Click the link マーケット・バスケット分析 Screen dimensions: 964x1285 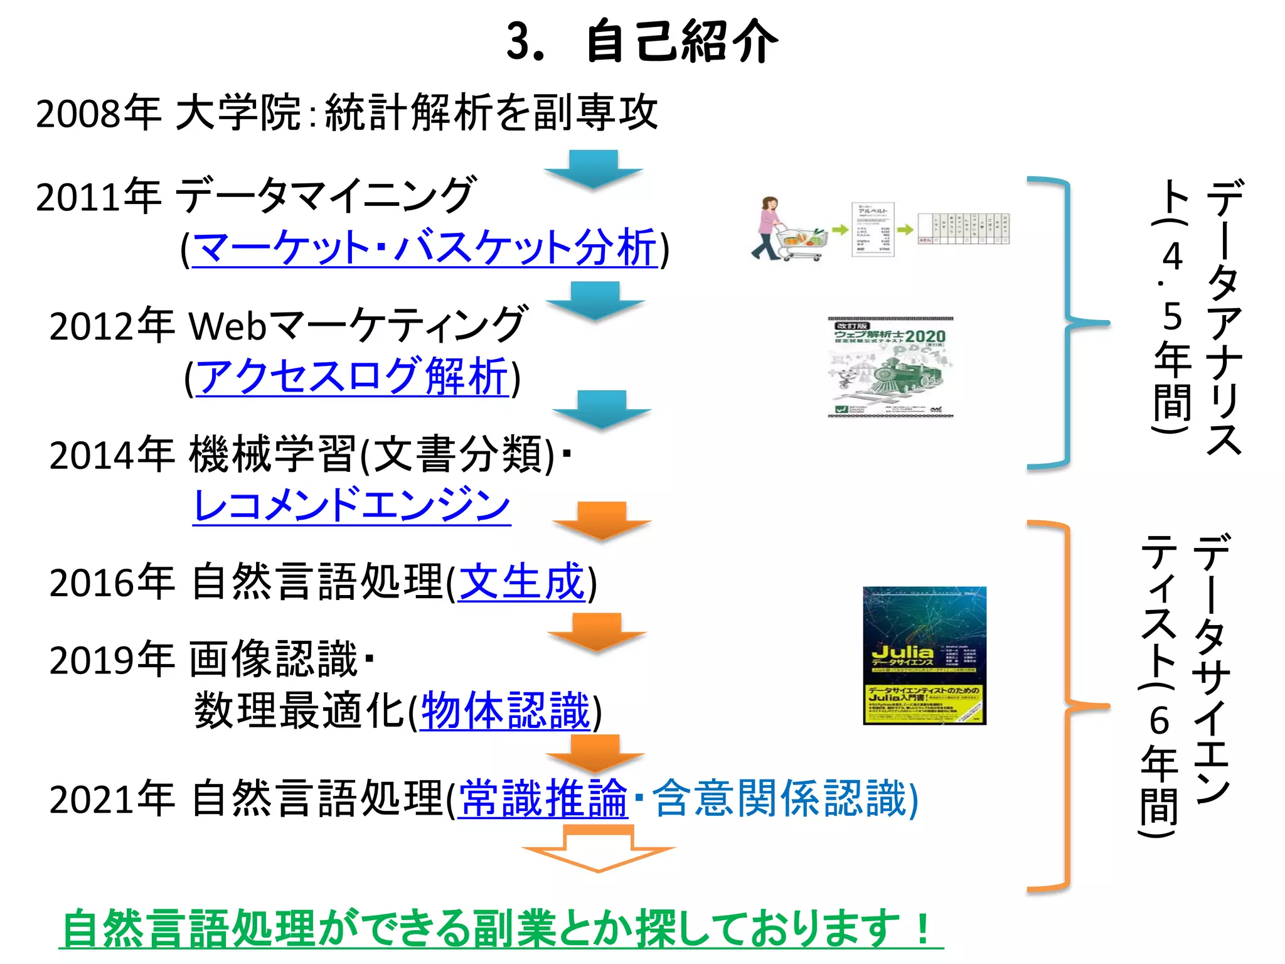424,247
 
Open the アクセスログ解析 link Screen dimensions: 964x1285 352,377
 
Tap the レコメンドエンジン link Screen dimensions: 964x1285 351,505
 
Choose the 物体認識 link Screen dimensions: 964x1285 506,711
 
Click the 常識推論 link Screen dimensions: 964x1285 543,799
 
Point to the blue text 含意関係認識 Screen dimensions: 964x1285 781,799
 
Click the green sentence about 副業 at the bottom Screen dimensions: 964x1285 501,928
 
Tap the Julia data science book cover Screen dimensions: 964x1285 924,655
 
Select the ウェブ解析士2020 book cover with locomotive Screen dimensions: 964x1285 890,367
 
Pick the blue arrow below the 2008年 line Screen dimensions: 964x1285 593,168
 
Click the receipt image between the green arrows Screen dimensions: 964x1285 872,229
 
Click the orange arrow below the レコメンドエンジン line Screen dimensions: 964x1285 601,519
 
